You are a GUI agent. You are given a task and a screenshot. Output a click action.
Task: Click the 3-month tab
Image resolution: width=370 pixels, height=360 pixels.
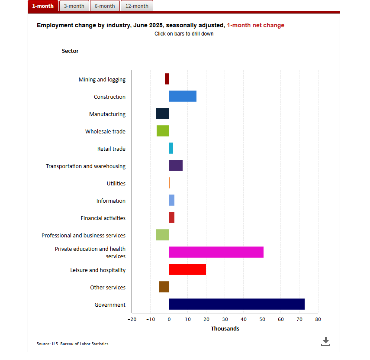[74, 6]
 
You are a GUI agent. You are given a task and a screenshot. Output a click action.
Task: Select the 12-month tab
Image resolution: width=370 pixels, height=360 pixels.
[137, 6]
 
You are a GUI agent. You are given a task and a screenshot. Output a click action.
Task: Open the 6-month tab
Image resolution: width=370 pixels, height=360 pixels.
[105, 6]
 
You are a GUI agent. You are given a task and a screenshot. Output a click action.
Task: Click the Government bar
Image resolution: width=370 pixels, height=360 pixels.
[236, 304]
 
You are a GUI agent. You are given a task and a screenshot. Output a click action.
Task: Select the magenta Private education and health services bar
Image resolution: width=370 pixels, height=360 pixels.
[216, 252]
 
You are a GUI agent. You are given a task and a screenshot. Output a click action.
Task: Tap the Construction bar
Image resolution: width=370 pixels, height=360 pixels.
[182, 96]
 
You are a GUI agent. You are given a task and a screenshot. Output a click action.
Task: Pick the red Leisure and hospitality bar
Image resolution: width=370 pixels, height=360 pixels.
[187, 269]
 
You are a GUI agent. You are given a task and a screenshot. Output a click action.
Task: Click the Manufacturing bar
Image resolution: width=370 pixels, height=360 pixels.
[162, 114]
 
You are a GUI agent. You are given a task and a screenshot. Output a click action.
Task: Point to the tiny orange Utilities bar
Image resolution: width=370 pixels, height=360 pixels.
[169, 183]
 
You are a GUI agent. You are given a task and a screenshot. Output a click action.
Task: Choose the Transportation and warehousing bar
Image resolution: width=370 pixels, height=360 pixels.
[175, 165]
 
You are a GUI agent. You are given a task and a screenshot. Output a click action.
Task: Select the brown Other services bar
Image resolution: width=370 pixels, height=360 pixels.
[164, 287]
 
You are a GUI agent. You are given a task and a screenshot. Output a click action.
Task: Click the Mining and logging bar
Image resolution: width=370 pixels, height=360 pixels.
[167, 79]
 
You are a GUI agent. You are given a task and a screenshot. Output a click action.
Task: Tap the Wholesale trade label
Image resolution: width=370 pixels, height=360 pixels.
[105, 132]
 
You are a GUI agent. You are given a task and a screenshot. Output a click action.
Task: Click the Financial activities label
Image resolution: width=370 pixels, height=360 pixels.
[103, 218]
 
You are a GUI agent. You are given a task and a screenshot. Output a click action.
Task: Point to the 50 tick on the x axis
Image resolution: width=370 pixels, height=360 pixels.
[262, 320]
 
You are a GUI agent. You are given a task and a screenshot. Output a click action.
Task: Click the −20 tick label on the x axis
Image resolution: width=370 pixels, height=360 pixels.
[132, 320]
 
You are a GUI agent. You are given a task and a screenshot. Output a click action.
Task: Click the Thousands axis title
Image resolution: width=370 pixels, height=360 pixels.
[225, 329]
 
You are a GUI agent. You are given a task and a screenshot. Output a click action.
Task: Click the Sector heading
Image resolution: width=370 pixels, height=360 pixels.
[70, 51]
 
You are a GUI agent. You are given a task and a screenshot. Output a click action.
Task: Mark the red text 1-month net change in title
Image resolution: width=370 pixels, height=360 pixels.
[255, 25]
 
